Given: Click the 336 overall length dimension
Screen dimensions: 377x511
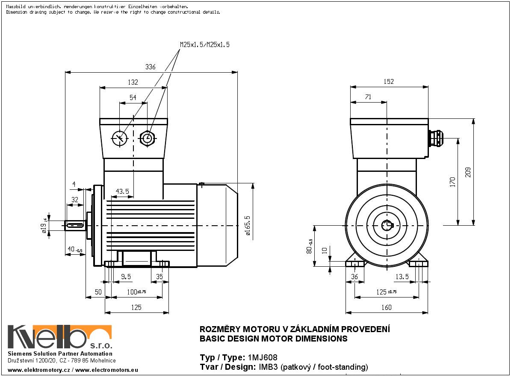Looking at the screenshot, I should tap(150, 67).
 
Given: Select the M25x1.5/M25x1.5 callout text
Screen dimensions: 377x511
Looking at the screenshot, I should tap(205, 44).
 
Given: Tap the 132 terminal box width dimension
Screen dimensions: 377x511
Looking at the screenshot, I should tap(133, 82).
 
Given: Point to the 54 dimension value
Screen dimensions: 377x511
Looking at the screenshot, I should tap(133, 98).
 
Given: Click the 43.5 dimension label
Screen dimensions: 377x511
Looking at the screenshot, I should tap(122, 191).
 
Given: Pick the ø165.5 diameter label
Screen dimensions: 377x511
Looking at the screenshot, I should tap(248, 225).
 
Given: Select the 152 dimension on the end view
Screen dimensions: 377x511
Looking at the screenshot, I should tap(388, 82).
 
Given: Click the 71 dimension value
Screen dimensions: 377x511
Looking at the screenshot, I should tap(368, 97).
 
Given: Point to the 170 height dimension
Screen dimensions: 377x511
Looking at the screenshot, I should tap(452, 181).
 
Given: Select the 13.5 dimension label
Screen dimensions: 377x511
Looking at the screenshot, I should tap(402, 277).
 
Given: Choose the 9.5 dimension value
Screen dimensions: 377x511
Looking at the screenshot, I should tap(126, 277).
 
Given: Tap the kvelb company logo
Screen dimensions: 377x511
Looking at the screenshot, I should tap(60, 337).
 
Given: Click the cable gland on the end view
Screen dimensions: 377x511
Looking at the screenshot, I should tap(436, 138).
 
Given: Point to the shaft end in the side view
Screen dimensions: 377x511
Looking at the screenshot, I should tap(75, 225).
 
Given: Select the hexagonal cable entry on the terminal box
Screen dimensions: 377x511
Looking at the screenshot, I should tap(147, 138).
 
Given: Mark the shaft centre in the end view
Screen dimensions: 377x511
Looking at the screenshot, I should tap(387, 225).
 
